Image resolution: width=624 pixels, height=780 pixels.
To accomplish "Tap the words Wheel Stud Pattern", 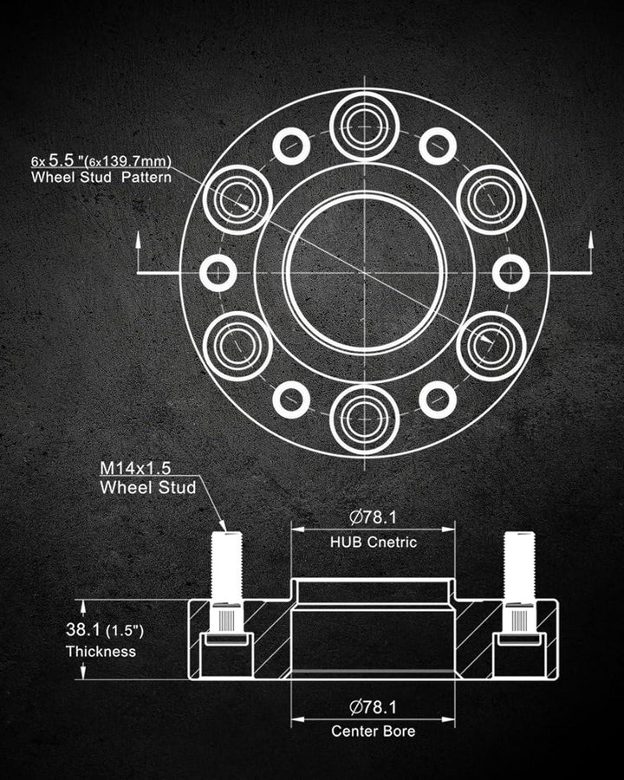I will (x=101, y=177).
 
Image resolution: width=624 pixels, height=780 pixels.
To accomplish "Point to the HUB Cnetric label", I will (x=373, y=543).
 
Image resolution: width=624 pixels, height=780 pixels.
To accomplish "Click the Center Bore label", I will (x=373, y=731).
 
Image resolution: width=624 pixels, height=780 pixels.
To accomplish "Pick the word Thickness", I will (x=101, y=651).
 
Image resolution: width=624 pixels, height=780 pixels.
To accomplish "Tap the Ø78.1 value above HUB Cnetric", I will (x=373, y=518).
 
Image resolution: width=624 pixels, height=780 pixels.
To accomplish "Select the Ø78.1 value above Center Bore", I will (x=373, y=706).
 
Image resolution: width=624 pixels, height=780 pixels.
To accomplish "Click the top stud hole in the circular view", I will (x=365, y=125).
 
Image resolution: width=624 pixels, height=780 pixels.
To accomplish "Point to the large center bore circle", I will (x=365, y=273).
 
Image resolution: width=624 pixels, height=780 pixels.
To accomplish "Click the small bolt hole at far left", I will (x=218, y=273).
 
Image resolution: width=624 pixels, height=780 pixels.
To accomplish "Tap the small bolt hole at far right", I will (x=511, y=273).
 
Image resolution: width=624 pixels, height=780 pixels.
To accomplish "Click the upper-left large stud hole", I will (x=237, y=199).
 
